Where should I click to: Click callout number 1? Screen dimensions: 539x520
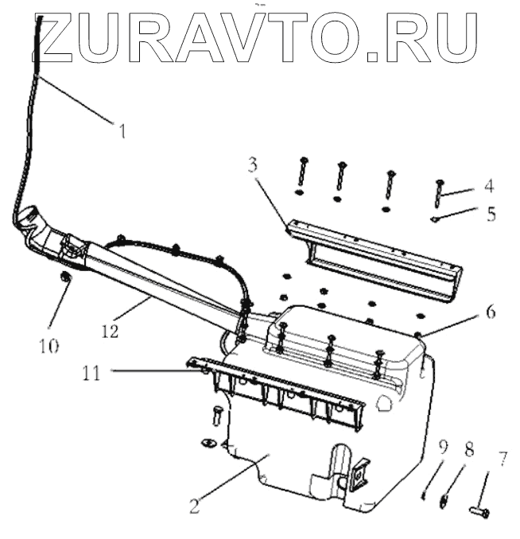[x=122, y=130]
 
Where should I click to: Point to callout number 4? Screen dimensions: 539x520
[x=488, y=188]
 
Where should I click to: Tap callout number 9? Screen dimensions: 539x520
[x=443, y=445]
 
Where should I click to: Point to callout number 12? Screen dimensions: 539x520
[x=111, y=329]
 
